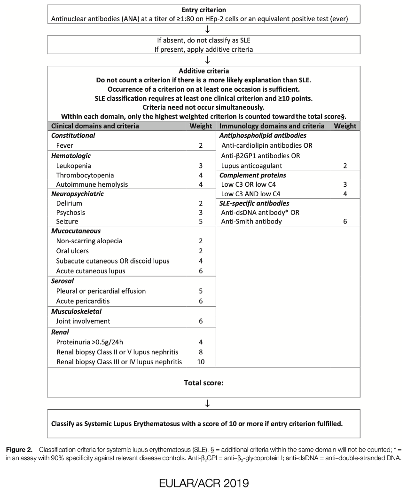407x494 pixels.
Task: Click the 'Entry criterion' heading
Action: (x=203, y=10)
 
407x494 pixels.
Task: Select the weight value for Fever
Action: (x=201, y=146)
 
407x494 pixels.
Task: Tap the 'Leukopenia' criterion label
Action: (x=73, y=166)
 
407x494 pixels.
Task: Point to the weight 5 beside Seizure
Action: (x=201, y=221)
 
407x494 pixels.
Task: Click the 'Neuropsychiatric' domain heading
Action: (x=77, y=194)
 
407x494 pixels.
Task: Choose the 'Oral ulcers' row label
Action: (x=72, y=251)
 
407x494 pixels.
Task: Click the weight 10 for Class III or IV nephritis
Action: (x=201, y=362)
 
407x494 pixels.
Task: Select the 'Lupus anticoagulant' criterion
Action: (x=251, y=166)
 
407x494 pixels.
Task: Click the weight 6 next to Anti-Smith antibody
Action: (x=345, y=221)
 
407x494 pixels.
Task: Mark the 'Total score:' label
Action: (x=203, y=382)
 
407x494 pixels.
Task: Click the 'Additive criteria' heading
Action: (x=203, y=71)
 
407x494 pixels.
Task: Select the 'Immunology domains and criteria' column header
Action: (x=272, y=126)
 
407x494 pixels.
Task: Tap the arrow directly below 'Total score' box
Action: (x=207, y=403)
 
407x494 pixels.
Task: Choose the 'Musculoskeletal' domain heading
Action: (x=76, y=311)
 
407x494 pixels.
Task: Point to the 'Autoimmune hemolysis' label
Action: (x=92, y=184)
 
